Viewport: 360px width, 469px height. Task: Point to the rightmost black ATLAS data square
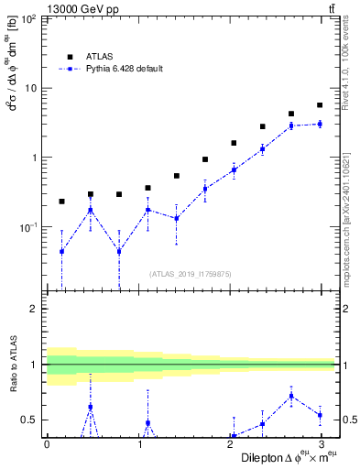pyautogui.click(x=320, y=105)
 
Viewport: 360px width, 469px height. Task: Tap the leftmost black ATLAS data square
pyautogui.click(x=61, y=201)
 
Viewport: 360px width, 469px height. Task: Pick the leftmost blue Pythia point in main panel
pyautogui.click(x=61, y=251)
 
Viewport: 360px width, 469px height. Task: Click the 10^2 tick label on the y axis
pyautogui.click(x=28, y=19)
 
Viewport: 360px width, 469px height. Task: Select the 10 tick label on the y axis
pyautogui.click(x=30, y=88)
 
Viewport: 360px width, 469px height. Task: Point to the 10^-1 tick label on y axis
pyautogui.click(x=28, y=226)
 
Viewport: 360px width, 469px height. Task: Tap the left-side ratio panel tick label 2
pyautogui.click(x=33, y=309)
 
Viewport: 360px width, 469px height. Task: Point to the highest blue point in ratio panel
pyautogui.click(x=291, y=396)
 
